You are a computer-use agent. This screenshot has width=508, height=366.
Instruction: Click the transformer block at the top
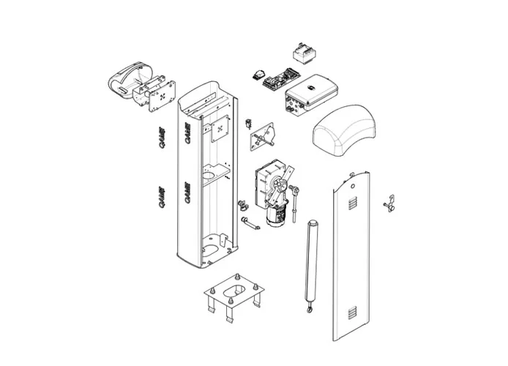(302, 53)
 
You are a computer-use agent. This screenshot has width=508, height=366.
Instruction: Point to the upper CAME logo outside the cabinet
(163, 137)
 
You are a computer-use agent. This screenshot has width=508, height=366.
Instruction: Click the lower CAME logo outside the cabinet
(163, 196)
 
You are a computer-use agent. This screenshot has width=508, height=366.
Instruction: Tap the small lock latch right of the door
(389, 203)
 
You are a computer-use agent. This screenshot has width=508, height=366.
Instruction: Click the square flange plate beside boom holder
(162, 95)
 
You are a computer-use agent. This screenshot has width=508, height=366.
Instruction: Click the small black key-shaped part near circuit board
(258, 74)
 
